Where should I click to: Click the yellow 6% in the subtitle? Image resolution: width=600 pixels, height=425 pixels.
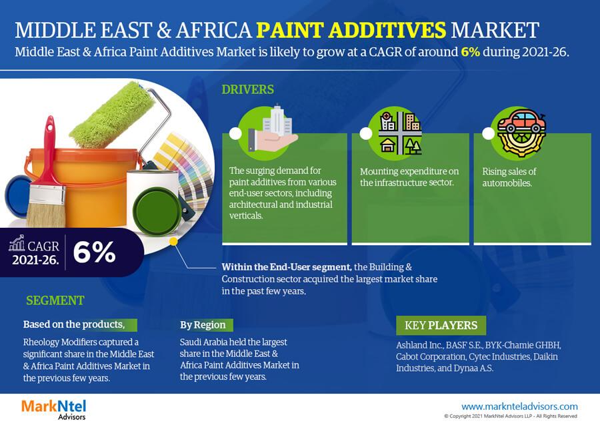click(x=470, y=51)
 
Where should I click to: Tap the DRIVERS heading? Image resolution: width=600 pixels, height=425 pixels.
click(x=247, y=89)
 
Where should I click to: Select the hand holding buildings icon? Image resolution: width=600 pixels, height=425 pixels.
click(x=272, y=130)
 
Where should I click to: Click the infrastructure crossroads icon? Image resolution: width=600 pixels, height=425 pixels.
click(x=400, y=133)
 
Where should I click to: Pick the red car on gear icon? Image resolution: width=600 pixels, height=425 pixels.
click(x=521, y=132)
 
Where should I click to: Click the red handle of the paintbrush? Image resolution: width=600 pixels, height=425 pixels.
click(x=49, y=153)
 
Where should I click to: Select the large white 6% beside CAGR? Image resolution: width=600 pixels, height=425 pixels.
click(x=94, y=252)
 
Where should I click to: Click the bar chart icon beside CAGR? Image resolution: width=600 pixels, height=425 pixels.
click(x=17, y=242)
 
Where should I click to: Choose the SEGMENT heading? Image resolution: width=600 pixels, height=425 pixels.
click(x=55, y=300)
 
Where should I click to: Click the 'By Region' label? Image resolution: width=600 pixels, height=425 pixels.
click(x=203, y=325)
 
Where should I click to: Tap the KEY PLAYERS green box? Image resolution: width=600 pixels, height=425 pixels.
click(x=441, y=325)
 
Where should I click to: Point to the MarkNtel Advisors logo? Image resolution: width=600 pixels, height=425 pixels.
click(x=53, y=409)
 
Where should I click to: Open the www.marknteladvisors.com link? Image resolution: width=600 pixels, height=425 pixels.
click(x=519, y=406)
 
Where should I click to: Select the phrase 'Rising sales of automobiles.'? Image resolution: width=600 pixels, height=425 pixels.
click(x=509, y=177)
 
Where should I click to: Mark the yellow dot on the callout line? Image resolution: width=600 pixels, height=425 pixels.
click(x=173, y=242)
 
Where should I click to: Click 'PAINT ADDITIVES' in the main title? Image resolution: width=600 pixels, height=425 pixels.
click(x=351, y=30)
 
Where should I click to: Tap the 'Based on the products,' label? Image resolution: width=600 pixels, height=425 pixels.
click(x=74, y=324)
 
